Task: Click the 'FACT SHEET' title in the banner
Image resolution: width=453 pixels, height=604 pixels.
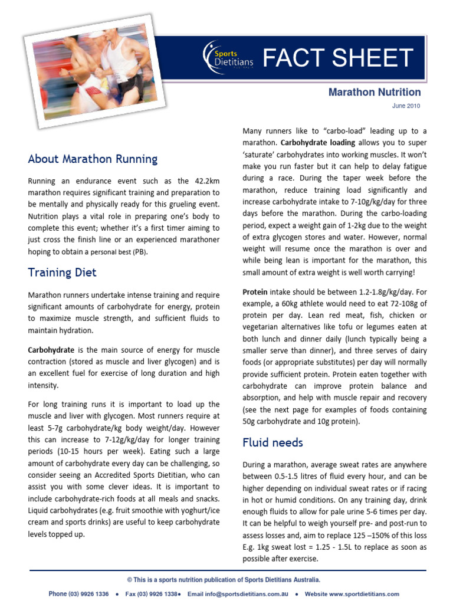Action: pyautogui.click(x=337, y=58)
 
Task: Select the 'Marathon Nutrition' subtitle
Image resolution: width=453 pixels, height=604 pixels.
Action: pyautogui.click(x=375, y=92)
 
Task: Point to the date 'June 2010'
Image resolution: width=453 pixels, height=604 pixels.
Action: pyautogui.click(x=406, y=106)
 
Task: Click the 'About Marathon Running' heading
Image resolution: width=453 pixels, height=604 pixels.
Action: pyautogui.click(x=93, y=159)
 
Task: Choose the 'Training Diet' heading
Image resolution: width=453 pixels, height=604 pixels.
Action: pyautogui.click(x=62, y=273)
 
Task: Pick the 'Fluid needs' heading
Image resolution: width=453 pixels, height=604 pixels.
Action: pyautogui.click(x=273, y=442)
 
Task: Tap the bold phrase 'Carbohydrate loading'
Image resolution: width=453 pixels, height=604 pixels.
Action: pyautogui.click(x=318, y=143)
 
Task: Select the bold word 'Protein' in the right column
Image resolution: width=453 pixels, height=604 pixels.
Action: pyautogui.click(x=255, y=292)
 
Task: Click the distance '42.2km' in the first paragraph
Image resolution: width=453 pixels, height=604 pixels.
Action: pyautogui.click(x=188, y=181)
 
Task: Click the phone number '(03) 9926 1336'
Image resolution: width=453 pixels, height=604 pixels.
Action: pyautogui.click(x=88, y=594)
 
